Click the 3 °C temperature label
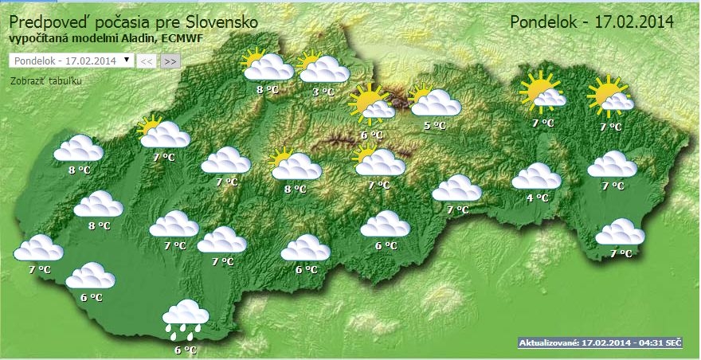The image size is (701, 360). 322,92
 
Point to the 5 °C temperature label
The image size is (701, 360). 434,125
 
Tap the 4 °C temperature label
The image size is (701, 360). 538,198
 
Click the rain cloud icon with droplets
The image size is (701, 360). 185,317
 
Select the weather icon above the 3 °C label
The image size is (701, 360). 323,68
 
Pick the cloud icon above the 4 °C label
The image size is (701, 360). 536,176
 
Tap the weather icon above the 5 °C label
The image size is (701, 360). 434,101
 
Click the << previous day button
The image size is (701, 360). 147,61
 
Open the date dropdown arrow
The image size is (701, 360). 127,60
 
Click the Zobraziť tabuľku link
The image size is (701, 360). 46,80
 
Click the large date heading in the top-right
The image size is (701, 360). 592,21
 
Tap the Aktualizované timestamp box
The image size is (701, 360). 601,342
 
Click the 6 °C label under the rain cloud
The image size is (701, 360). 185,349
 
